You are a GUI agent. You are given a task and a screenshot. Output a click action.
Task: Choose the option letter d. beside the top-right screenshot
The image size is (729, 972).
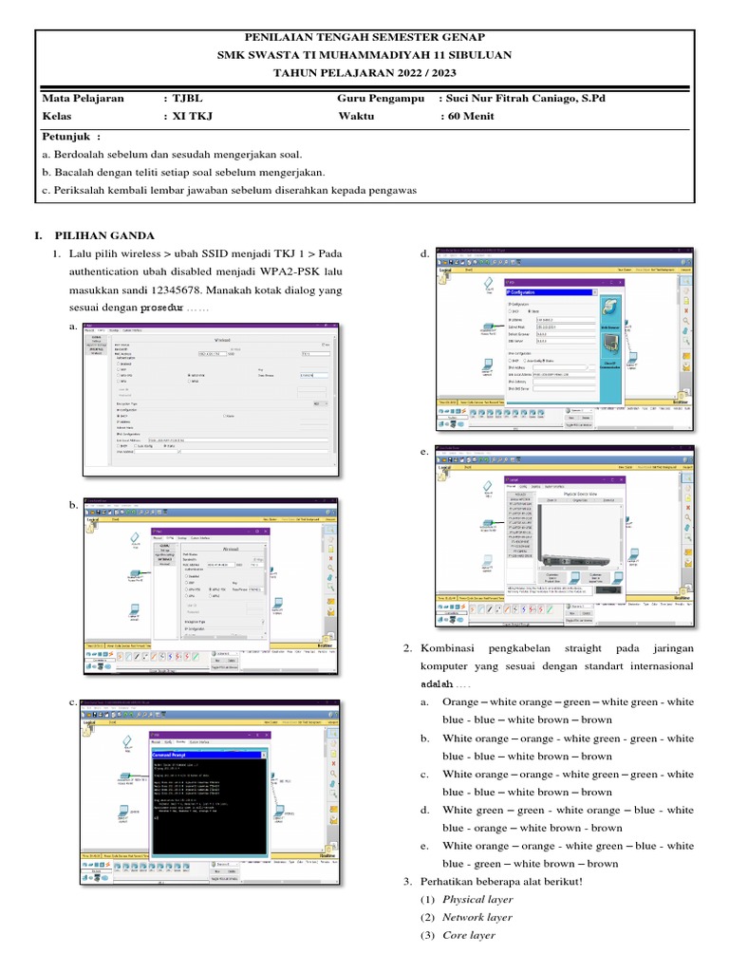423,255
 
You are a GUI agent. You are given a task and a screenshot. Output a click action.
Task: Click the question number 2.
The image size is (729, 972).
406,648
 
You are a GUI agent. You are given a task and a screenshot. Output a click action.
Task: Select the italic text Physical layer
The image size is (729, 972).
477,899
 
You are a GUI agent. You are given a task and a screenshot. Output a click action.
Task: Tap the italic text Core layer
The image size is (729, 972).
469,935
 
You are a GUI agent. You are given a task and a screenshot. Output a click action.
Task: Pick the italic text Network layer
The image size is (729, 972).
477,917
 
